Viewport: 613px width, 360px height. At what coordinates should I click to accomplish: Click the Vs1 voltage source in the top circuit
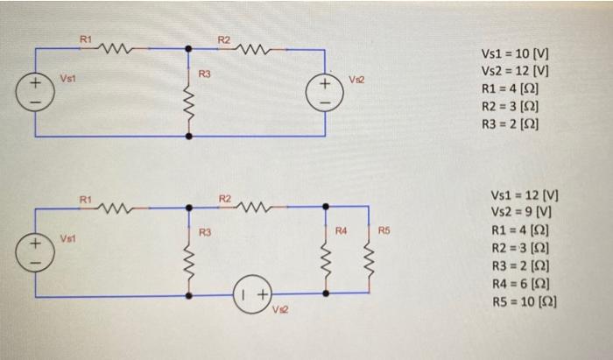coord(35,93)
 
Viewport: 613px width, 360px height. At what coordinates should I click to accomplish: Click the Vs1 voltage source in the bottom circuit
coord(35,249)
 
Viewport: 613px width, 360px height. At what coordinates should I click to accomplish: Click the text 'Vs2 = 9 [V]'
coord(520,212)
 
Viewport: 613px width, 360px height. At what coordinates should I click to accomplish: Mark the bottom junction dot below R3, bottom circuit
coord(189,296)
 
